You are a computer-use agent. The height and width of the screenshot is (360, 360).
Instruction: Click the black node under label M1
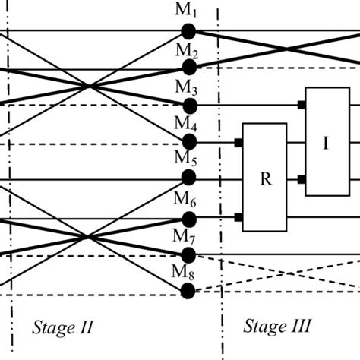(x=188, y=31)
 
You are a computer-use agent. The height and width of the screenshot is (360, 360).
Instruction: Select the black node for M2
(x=188, y=68)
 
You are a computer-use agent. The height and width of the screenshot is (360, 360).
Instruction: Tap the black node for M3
(x=188, y=105)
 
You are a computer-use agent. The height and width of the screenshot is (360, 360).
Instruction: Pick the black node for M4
(x=188, y=141)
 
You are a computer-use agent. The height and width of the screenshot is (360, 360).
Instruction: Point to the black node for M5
(x=188, y=178)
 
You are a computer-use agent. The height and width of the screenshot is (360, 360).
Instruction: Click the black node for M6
(x=188, y=219)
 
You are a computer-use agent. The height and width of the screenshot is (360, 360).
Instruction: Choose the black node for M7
(x=188, y=255)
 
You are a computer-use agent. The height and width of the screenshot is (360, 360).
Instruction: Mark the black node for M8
(x=188, y=291)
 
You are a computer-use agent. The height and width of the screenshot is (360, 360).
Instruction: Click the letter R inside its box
(x=265, y=179)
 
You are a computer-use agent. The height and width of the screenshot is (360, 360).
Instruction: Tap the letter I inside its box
(x=326, y=143)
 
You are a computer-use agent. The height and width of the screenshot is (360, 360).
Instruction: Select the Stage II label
(x=63, y=327)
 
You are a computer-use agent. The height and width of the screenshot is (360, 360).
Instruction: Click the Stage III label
(x=278, y=327)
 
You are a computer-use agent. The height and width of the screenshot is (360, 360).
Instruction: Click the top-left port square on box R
(x=238, y=142)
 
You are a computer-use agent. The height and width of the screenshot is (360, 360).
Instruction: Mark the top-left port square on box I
(x=302, y=105)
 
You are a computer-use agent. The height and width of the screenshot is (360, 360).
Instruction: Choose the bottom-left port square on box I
(x=302, y=179)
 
